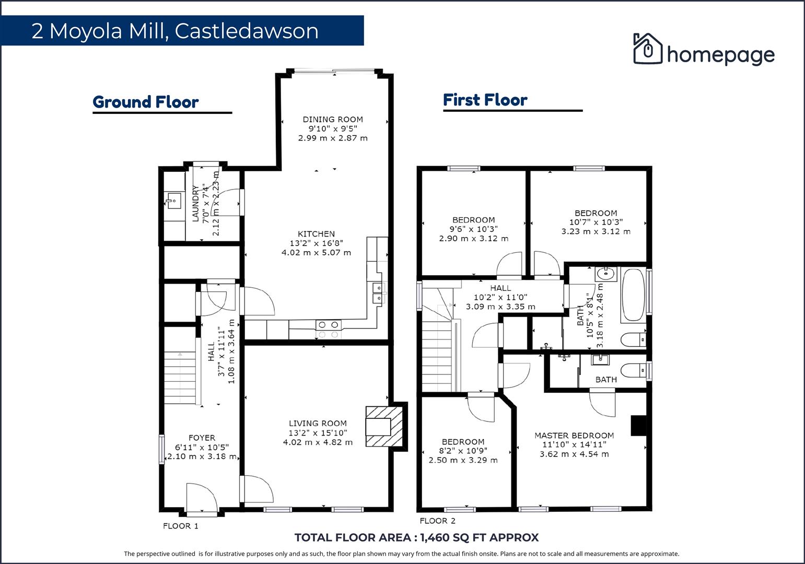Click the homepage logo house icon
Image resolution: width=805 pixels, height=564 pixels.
coord(647,49)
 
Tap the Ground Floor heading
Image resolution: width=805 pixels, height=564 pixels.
coord(145,102)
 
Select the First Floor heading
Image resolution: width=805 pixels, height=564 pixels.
coord(485,100)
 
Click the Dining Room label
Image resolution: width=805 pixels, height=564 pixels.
coord(333,119)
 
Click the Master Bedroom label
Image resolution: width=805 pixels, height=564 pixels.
coord(574,436)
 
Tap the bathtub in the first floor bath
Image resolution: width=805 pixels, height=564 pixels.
coord(633,295)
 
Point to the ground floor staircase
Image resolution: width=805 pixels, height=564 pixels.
coord(181,378)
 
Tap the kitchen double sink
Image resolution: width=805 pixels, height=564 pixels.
coord(377,292)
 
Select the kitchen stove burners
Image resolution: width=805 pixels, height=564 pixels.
coord(328,330)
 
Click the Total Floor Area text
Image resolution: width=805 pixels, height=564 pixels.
coord(416,537)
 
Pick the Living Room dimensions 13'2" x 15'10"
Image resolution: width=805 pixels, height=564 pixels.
coord(318,433)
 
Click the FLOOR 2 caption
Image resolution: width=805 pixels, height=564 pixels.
coord(437,521)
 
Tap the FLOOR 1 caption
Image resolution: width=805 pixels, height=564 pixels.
coord(181,526)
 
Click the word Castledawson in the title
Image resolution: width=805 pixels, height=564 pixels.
coord(247,31)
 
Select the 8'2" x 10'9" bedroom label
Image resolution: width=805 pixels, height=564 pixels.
coord(463,451)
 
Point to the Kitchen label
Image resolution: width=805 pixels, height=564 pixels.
coord(316,234)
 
